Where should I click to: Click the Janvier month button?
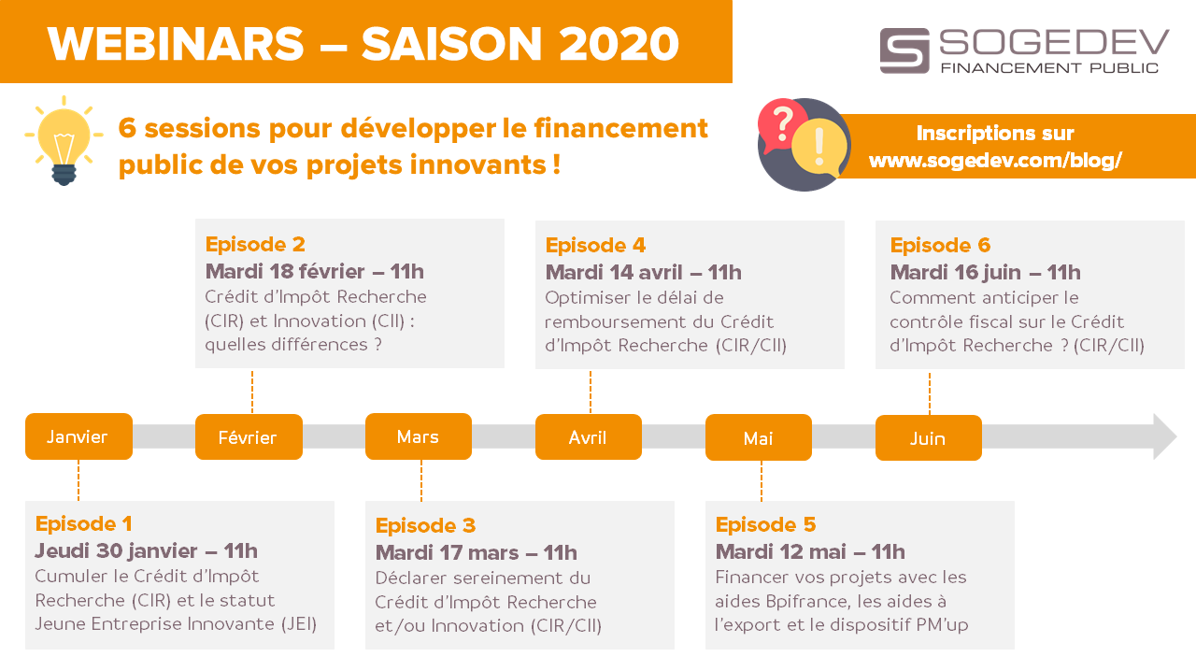pyautogui.click(x=79, y=435)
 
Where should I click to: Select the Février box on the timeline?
pyautogui.click(x=249, y=436)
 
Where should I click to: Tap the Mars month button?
pyautogui.click(x=419, y=435)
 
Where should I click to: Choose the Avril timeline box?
pyautogui.click(x=589, y=436)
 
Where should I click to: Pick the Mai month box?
pyautogui.click(x=759, y=437)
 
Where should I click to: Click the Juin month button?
pyautogui.click(x=929, y=437)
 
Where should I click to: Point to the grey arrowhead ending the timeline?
pyautogui.click(x=1165, y=436)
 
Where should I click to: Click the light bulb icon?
pyautogui.click(x=64, y=140)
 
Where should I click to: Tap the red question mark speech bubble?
pyautogui.click(x=782, y=125)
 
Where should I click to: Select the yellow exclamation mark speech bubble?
pyautogui.click(x=819, y=148)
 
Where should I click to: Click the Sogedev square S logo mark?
pyautogui.click(x=904, y=50)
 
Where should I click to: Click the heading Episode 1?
pyautogui.click(x=84, y=523)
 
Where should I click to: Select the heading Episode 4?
pyautogui.click(x=595, y=245)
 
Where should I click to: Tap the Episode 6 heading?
pyautogui.click(x=940, y=245)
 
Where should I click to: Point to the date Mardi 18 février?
pyautogui.click(x=285, y=271)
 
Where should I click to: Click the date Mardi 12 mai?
pyautogui.click(x=780, y=551)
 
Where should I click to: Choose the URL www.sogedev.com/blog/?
pyautogui.click(x=995, y=160)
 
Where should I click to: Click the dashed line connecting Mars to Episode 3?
pyautogui.click(x=421, y=480)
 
